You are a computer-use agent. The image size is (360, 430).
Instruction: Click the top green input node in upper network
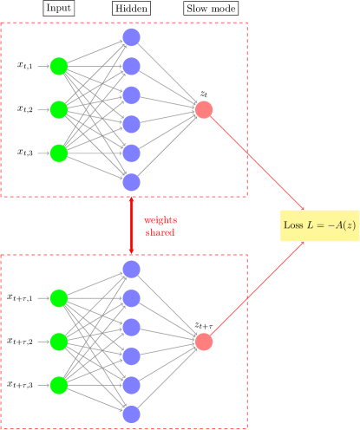pos(58,66)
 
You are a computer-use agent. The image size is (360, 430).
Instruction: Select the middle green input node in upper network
pos(58,109)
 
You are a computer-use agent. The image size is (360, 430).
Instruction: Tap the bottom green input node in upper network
pos(58,153)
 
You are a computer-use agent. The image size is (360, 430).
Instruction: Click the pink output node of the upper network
pos(204,109)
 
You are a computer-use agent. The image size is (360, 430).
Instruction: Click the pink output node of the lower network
pos(204,342)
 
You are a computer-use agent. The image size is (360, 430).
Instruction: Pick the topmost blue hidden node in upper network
pos(131,37)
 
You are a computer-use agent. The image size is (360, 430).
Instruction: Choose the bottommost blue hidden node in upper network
pos(131,182)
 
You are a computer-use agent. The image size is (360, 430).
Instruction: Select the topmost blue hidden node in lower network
pos(131,270)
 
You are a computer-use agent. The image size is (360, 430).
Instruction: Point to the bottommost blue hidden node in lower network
pos(131,414)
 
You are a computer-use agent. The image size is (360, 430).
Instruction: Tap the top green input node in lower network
pos(58,298)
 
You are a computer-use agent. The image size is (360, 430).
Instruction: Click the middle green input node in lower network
pos(58,342)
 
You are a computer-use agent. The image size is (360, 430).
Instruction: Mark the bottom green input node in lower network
pos(58,384)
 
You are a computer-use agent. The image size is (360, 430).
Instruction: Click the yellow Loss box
pos(319,225)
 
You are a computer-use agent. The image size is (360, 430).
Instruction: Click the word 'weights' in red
pos(160,220)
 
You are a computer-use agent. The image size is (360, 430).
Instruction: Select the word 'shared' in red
pos(160,232)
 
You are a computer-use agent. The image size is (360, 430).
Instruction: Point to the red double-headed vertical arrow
pos(131,225)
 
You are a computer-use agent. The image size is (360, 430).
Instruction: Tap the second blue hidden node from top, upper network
pos(131,66)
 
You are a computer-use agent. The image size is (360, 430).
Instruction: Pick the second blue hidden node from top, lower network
pos(131,298)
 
